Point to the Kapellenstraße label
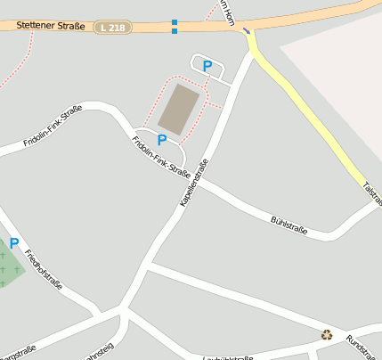point(194,182)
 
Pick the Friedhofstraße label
point(44,271)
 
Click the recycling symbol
point(327,335)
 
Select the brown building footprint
point(180,109)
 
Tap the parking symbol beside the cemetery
point(14,243)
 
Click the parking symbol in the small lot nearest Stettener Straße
point(207,66)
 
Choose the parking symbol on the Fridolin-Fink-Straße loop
point(162,140)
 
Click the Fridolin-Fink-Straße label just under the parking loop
point(161,157)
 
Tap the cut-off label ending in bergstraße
point(18,349)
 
